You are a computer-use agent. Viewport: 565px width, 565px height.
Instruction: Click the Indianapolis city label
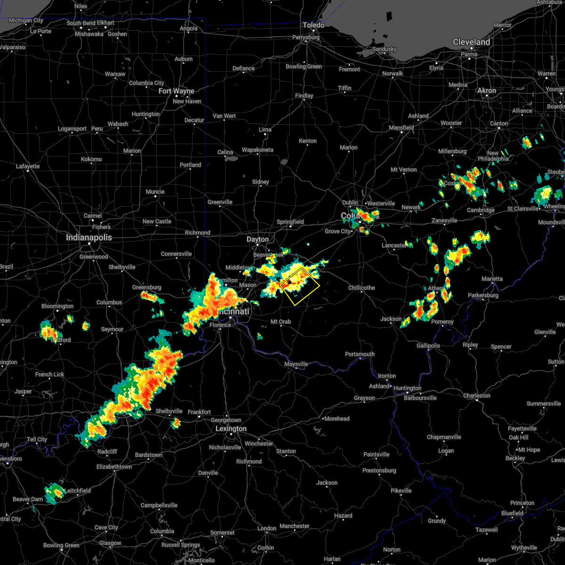[x=89, y=238]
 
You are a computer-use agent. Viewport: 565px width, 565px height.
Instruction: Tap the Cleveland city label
[x=471, y=42]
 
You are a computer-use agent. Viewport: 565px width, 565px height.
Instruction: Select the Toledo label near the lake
[x=313, y=25]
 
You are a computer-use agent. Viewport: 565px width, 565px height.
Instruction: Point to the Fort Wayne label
[x=176, y=91]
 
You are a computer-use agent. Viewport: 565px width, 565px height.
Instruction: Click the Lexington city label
[x=231, y=429]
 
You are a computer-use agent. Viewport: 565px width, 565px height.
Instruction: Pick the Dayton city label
[x=258, y=240]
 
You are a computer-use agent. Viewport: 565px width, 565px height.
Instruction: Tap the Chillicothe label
[x=362, y=288]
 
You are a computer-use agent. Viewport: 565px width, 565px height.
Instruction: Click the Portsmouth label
[x=360, y=354]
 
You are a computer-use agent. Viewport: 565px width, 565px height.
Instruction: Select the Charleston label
[x=477, y=395]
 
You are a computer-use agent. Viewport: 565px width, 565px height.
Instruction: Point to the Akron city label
[x=487, y=90]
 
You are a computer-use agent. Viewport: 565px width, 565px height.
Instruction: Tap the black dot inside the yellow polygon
[x=290, y=282]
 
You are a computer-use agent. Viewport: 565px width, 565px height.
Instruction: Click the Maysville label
[x=296, y=364]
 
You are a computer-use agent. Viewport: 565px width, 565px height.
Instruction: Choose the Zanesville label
[x=444, y=220]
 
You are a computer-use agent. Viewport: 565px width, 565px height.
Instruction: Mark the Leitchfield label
[x=78, y=491]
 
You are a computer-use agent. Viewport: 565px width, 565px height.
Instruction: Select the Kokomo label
[x=91, y=159]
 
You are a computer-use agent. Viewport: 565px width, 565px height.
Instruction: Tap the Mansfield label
[x=401, y=128]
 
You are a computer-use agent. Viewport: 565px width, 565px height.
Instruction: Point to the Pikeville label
[x=401, y=491]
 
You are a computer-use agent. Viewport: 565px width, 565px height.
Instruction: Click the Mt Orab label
[x=280, y=322]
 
